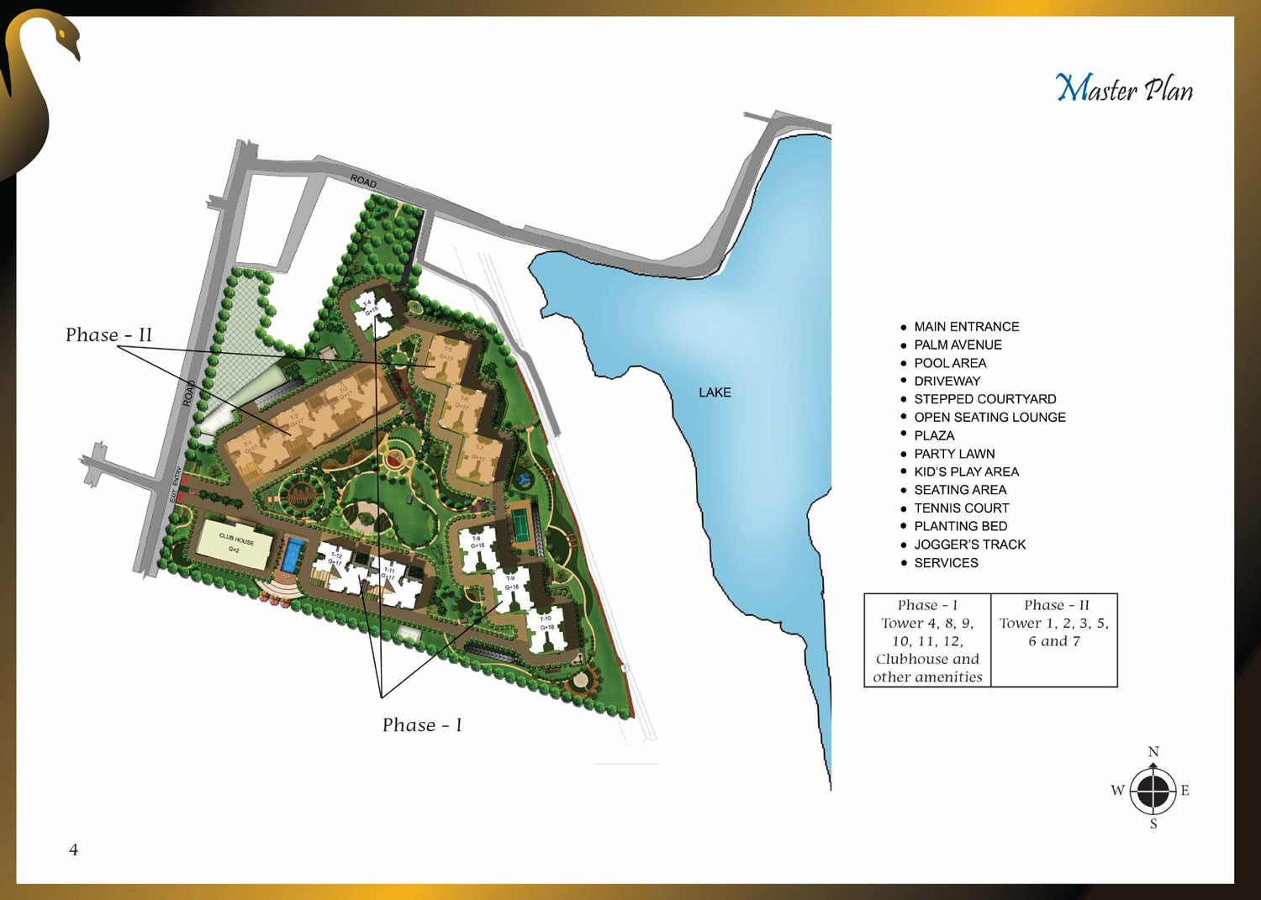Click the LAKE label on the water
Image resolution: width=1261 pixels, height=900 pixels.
point(715,392)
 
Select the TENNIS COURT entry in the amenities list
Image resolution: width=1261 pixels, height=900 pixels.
point(962,508)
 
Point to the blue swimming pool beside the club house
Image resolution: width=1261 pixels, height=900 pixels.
point(292,555)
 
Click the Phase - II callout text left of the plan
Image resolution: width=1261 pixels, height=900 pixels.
point(108,335)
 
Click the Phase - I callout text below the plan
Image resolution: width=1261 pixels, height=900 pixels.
point(422,725)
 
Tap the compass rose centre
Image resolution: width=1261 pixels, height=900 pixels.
point(1153,791)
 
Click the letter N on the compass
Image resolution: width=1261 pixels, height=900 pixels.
point(1153,751)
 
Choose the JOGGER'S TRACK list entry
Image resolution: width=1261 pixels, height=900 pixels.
point(969,545)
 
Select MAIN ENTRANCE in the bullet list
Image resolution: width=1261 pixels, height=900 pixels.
point(966,327)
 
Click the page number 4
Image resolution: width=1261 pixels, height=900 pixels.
point(74,850)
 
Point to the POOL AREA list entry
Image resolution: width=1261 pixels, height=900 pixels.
point(950,363)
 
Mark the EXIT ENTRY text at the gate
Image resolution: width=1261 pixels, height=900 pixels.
point(176,486)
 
